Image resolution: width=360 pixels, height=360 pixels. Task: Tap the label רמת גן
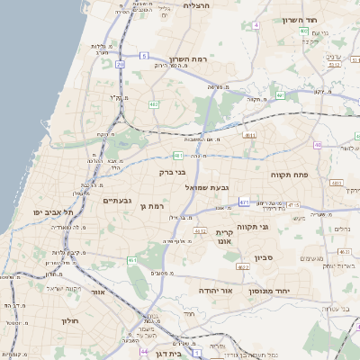click(156, 206)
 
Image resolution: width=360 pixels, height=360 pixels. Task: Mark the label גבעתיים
click(118, 200)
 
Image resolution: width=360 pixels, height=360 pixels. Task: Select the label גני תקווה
click(269, 227)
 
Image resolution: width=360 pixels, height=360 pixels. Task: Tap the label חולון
click(71, 320)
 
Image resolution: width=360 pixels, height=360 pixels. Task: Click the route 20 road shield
click(121, 65)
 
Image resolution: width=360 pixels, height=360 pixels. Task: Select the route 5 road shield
click(143, 56)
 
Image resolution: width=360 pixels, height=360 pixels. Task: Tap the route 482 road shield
click(155, 104)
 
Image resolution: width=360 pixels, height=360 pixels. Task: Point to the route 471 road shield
click(245, 202)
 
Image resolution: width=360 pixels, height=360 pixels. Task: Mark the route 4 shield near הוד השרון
click(256, 25)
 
